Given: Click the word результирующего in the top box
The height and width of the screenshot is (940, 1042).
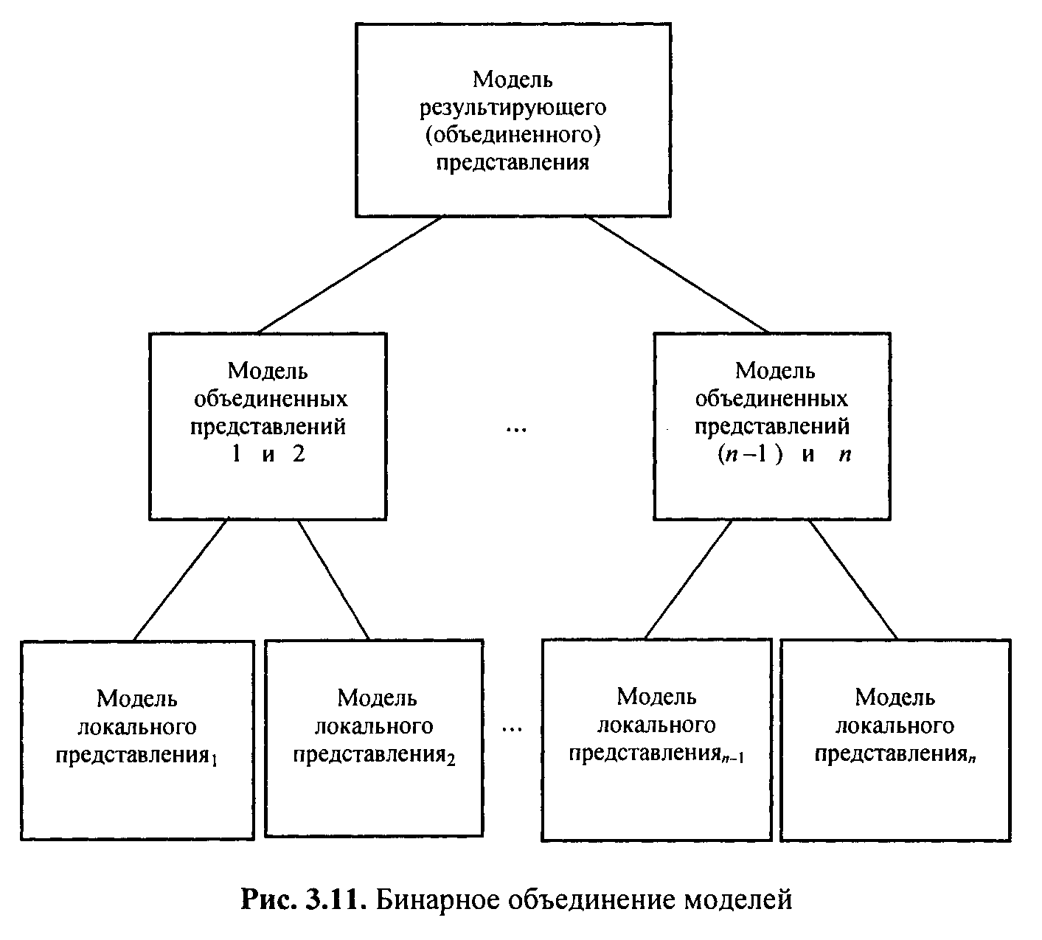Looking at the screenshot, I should click(513, 107).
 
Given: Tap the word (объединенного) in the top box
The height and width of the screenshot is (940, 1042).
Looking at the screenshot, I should click(513, 134).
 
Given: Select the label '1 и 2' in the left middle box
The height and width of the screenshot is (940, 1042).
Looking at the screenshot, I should click(268, 455).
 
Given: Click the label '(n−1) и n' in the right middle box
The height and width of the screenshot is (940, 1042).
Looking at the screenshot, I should click(785, 455).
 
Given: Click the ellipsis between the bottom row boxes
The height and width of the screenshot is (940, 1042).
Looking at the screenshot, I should click(512, 729).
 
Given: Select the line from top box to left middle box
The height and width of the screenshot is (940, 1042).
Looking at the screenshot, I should click(350, 274).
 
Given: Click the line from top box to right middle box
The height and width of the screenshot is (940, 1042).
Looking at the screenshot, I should click(678, 274).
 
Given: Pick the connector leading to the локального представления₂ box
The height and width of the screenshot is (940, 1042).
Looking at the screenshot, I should click(333, 579).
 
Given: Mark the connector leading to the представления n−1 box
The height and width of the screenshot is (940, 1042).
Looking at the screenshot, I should click(688, 579).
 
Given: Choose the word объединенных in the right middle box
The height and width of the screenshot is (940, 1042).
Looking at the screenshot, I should click(771, 399).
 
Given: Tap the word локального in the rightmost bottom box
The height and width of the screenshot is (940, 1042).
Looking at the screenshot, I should click(895, 726).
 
